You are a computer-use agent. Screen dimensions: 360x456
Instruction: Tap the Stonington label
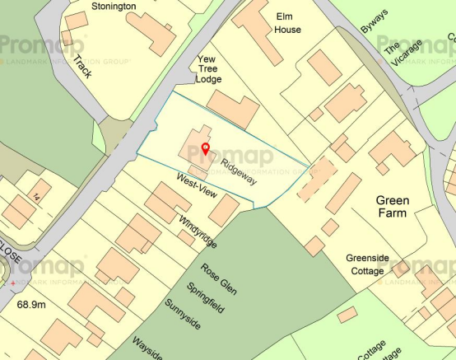point(114,6)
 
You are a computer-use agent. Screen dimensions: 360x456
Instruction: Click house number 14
point(37,195)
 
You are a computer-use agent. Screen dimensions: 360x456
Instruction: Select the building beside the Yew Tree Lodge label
point(233,110)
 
